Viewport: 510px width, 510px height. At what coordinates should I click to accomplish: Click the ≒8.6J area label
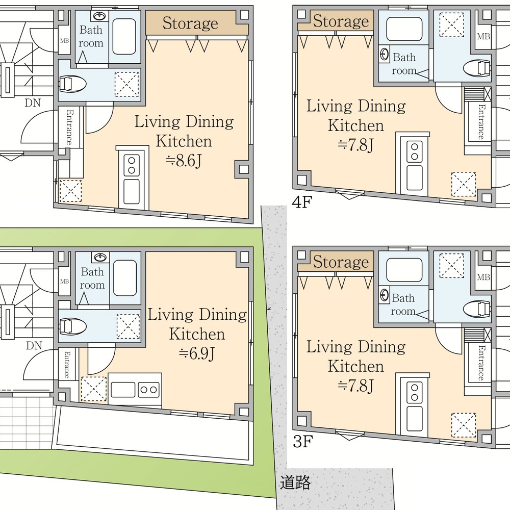pyautogui.click(x=184, y=160)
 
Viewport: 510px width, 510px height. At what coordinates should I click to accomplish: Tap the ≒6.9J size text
pyautogui.click(x=197, y=353)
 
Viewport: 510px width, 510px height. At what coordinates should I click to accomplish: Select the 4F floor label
pyautogui.click(x=302, y=202)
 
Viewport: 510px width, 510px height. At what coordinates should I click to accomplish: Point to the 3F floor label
pyautogui.click(x=303, y=441)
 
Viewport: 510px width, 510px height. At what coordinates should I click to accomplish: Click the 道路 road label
pyautogui.click(x=295, y=482)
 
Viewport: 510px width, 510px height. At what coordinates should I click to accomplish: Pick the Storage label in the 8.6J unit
pyautogui.click(x=190, y=23)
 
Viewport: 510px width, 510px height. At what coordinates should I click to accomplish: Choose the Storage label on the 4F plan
pyautogui.click(x=341, y=21)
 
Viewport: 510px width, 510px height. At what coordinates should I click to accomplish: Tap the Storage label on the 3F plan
pyautogui.click(x=341, y=262)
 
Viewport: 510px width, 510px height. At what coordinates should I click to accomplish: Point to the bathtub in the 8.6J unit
pyautogui.click(x=124, y=36)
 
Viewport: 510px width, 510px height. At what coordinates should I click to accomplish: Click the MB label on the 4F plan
pyautogui.click(x=483, y=36)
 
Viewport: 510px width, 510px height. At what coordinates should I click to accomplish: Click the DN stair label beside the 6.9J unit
pyautogui.click(x=34, y=345)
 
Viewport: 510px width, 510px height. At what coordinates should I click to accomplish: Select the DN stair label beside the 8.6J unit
pyautogui.click(x=33, y=103)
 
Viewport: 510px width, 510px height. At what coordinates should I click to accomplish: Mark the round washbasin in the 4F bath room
pyautogui.click(x=385, y=55)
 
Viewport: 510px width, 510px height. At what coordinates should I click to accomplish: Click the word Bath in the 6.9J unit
pyautogui.click(x=92, y=272)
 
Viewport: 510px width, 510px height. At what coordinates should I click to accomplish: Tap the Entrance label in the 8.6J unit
pyautogui.click(x=69, y=127)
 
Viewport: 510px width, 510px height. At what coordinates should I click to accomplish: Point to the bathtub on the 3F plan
pyautogui.click(x=404, y=270)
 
